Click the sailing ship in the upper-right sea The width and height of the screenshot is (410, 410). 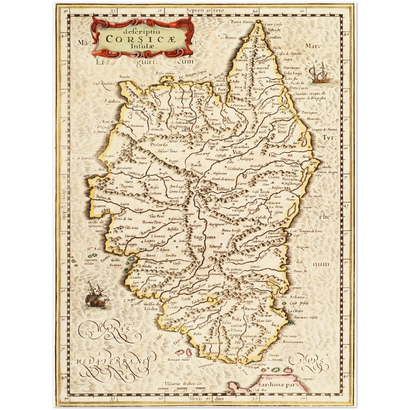point(321,74)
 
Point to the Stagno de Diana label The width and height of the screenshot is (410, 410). point(324,130)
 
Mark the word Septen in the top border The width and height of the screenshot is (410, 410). point(195,10)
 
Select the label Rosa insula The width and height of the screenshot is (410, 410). point(165,73)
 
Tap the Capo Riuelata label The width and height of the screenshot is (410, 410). point(104,83)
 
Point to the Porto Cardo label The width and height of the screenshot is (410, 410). point(299,88)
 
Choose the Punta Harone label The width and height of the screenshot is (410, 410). point(240,22)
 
